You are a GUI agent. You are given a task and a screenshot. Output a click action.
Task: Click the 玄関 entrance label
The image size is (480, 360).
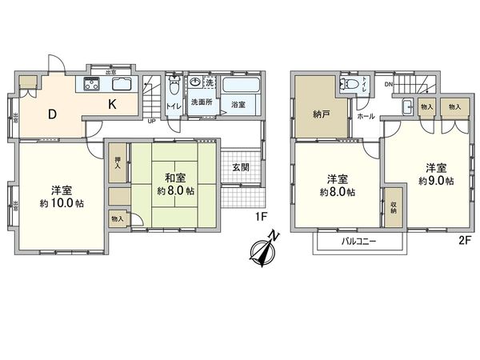(241, 167)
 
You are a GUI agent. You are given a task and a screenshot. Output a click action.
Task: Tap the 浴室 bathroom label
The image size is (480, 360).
(238, 105)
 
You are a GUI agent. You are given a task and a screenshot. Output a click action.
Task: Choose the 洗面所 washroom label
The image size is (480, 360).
(200, 103)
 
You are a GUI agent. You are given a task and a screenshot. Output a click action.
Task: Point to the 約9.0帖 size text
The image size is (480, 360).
(435, 181)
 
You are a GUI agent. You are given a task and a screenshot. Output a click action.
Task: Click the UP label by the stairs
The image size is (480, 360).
(152, 122)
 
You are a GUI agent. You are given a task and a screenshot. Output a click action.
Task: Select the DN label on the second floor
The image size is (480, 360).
(389, 85)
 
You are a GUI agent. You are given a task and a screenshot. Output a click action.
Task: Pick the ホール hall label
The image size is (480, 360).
(366, 117)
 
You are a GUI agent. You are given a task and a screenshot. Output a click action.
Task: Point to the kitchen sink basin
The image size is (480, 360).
(122, 84)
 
